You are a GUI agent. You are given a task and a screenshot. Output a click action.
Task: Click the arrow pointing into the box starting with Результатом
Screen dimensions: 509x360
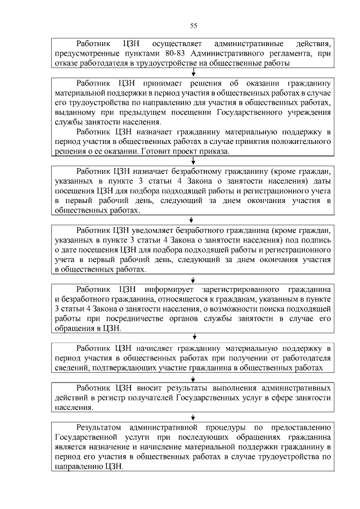(193, 417)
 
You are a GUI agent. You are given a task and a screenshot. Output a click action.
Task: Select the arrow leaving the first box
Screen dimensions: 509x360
(193, 72)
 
